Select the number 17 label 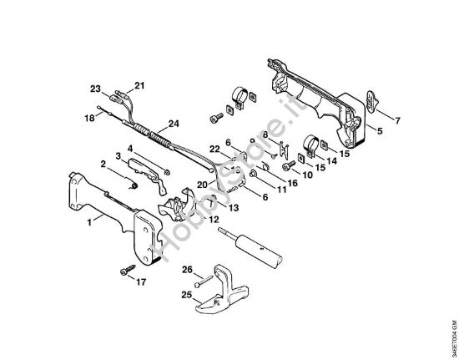click(139, 281)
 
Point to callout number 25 click(188, 296)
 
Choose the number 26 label click(187, 269)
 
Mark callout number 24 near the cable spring click(174, 124)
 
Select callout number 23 click(96, 89)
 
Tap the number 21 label click(139, 85)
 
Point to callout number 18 click(89, 119)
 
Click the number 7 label click(396, 120)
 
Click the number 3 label click(119, 156)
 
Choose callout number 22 click(215, 149)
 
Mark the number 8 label click(265, 134)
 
